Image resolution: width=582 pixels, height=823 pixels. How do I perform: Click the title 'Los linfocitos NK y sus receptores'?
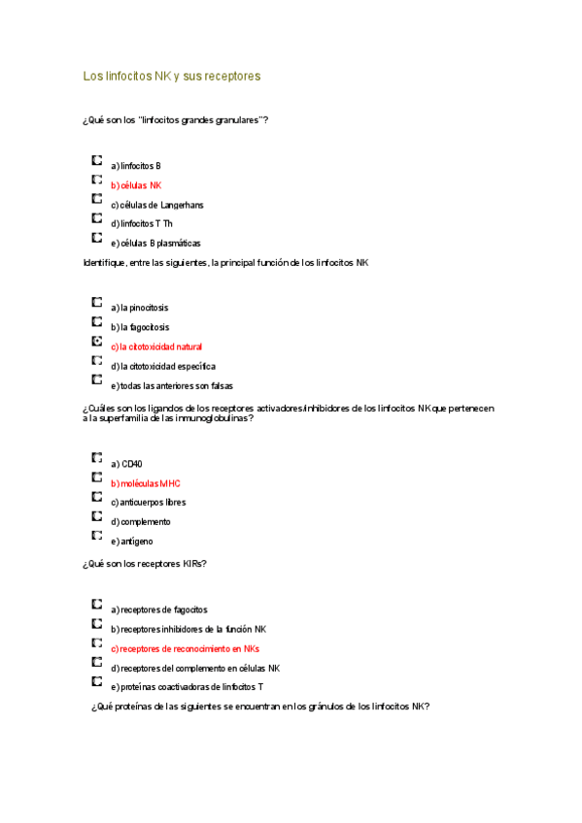tap(172, 75)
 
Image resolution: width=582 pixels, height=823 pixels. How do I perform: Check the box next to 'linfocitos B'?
tap(97, 161)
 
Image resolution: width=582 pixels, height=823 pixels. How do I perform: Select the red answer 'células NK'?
tap(136, 185)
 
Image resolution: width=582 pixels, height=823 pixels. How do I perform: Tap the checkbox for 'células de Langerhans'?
tap(97, 200)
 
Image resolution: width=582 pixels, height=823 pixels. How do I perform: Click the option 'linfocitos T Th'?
tap(142, 224)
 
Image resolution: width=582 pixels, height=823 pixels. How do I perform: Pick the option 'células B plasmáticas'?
tap(155, 244)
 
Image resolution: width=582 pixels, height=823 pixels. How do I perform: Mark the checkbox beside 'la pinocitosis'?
tap(97, 303)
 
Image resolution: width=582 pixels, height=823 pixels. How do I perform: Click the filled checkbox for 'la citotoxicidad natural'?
tap(97, 342)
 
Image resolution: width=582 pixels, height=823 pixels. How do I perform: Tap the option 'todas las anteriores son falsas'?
tap(171, 385)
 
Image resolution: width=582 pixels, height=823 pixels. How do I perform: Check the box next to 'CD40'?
tap(97, 459)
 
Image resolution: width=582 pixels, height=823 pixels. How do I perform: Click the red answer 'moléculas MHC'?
tap(145, 483)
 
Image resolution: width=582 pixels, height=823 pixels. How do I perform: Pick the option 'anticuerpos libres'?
tap(148, 503)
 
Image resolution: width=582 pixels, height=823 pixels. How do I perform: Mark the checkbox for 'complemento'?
tap(97, 516)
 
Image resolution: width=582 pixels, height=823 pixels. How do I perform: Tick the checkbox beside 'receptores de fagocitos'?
tap(97, 605)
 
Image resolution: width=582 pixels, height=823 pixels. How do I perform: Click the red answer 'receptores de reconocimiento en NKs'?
tap(185, 648)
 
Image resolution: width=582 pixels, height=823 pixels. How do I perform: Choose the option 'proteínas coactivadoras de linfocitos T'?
tap(187, 687)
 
